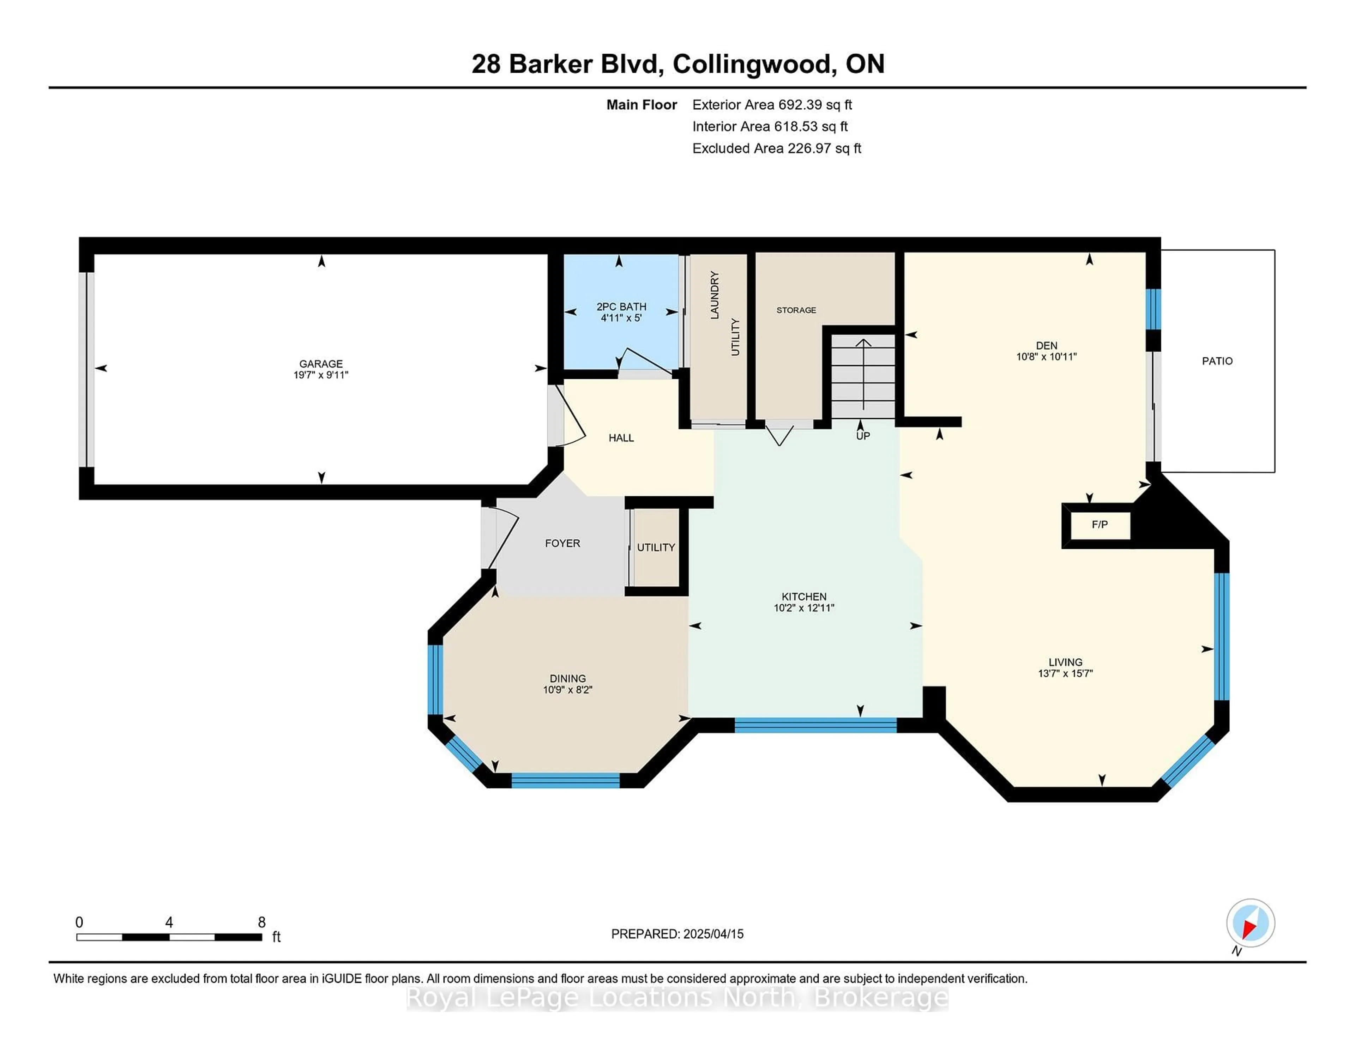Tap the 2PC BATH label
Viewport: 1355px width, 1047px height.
point(621,307)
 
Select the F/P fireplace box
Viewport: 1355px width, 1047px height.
point(1100,525)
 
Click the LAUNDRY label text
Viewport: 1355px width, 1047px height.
point(715,295)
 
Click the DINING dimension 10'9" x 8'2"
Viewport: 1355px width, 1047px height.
point(568,689)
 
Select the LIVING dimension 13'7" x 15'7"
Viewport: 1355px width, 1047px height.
point(1065,673)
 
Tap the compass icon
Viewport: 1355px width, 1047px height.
point(1250,922)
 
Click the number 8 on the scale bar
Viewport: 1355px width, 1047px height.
point(262,922)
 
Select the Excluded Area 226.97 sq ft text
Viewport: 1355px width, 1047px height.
point(777,148)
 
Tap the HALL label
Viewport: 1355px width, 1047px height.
point(621,438)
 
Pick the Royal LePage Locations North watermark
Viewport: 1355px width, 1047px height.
point(677,998)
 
